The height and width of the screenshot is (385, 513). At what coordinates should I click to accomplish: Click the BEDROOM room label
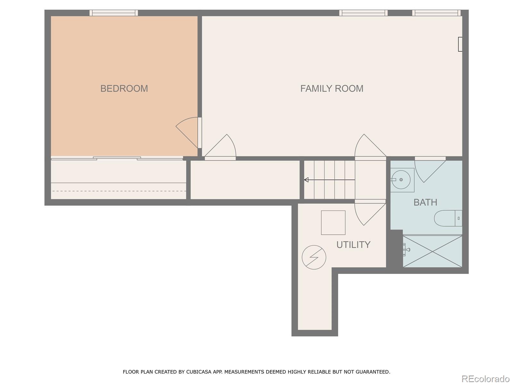pyautogui.click(x=124, y=89)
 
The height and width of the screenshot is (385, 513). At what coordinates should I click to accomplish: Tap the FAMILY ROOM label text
pyautogui.click(x=332, y=89)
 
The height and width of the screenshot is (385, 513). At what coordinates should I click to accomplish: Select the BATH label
pyautogui.click(x=425, y=202)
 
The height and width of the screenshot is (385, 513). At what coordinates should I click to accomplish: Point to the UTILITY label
pyautogui.click(x=353, y=245)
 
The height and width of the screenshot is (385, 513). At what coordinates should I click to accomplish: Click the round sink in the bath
pyautogui.click(x=401, y=180)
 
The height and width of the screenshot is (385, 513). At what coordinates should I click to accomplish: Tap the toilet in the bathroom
pyautogui.click(x=448, y=218)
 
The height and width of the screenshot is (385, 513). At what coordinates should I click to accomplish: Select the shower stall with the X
pyautogui.click(x=433, y=251)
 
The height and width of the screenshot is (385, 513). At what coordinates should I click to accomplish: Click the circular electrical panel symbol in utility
pyautogui.click(x=314, y=257)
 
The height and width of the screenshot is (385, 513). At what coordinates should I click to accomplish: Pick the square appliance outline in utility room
pyautogui.click(x=333, y=223)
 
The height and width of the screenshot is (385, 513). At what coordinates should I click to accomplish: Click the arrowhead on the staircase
pyautogui.click(x=307, y=180)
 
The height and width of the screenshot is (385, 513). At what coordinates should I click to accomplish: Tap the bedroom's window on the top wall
pyautogui.click(x=114, y=13)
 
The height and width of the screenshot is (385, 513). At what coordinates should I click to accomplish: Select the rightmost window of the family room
pyautogui.click(x=436, y=13)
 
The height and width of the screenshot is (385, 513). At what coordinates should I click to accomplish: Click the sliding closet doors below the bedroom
pyautogui.click(x=117, y=158)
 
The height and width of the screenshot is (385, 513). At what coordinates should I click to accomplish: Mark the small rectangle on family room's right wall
pyautogui.click(x=460, y=44)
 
